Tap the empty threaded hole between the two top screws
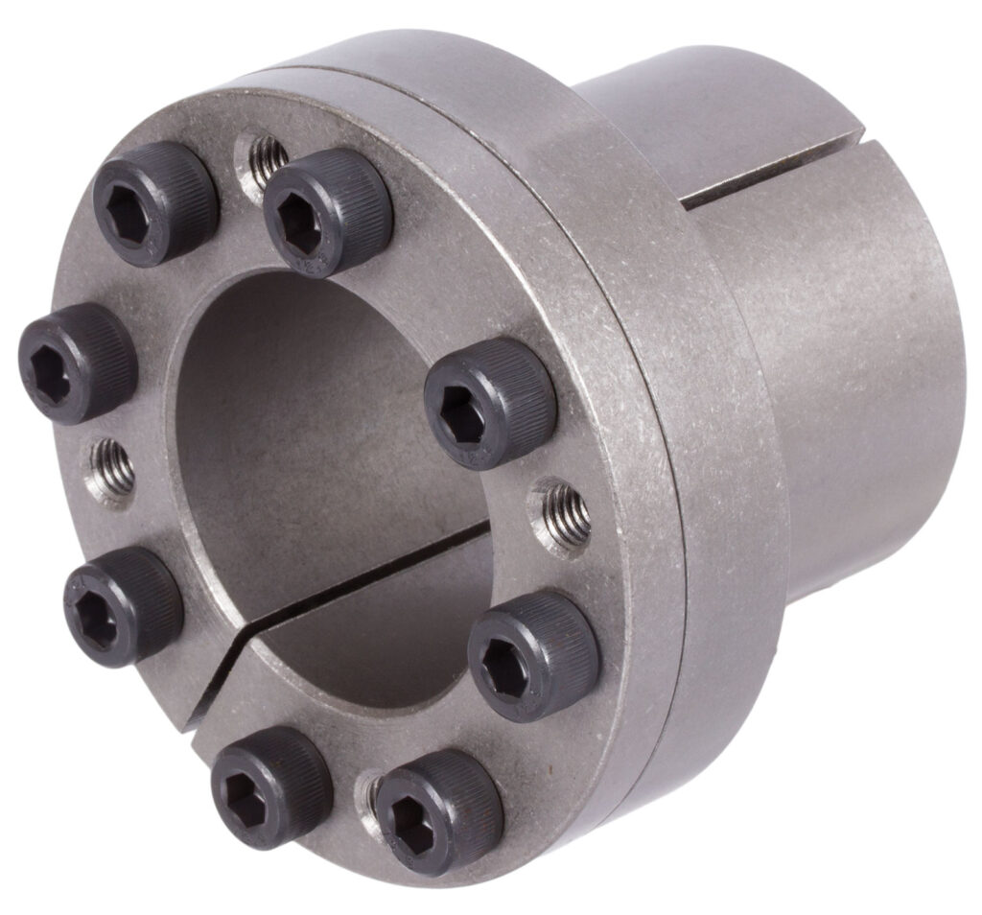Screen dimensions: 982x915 [265, 154]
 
